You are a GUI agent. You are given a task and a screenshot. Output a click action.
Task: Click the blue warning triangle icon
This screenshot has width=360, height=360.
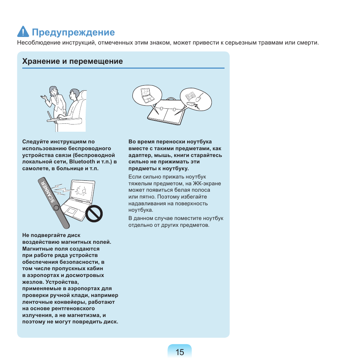pos(23,32)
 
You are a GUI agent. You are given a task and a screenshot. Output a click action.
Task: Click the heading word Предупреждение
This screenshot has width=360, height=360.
pos(73,32)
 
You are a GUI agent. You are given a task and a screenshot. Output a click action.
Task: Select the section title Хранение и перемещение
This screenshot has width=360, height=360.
pos(72,61)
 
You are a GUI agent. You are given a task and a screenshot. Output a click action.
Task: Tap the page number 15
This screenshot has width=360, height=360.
pos(180,352)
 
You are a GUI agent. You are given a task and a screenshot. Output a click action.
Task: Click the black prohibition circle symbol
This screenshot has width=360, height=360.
pos(94,213)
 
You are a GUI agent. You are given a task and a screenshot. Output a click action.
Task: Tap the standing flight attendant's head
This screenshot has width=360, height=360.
pos(53,91)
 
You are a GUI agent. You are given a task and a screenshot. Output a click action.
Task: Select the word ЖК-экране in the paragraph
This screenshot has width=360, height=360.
pos(208,183)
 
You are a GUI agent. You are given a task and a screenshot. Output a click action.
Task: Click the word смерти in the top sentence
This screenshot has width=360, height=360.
pos(307,43)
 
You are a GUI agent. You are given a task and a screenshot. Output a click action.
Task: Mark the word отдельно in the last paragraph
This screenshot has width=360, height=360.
pos(139,225)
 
